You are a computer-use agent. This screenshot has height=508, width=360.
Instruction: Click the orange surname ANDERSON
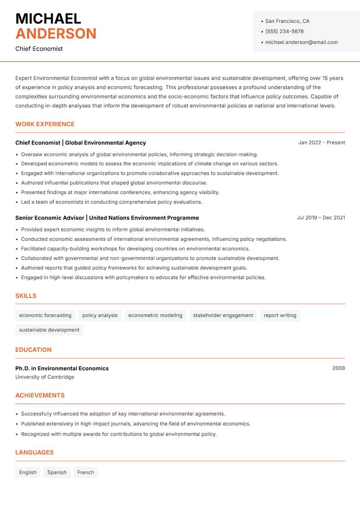(56, 34)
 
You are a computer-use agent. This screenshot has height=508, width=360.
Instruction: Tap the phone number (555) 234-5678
(284, 31)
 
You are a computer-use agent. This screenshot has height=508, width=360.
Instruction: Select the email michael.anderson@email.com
(301, 42)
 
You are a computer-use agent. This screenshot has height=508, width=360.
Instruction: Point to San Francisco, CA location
(287, 21)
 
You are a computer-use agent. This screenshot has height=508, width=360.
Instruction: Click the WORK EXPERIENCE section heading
(45, 124)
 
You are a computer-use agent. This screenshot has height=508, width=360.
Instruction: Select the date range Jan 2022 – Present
(321, 143)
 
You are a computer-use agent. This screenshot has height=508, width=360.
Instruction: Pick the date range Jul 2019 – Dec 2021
(321, 218)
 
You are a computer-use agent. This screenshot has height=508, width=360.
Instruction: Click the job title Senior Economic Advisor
(49, 218)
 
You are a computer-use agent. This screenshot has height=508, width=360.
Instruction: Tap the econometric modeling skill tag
(155, 315)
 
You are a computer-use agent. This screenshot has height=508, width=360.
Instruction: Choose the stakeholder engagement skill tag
(223, 315)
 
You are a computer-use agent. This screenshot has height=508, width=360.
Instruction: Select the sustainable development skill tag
(49, 330)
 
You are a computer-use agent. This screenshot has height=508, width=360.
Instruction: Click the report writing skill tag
(280, 315)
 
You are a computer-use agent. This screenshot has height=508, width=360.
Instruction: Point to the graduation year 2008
(338, 368)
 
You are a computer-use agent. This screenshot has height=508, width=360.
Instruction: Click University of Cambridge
(45, 377)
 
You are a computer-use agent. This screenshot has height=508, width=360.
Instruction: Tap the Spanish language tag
(57, 472)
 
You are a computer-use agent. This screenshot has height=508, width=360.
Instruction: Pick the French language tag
(85, 472)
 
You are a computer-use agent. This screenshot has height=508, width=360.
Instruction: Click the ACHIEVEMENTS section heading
(40, 395)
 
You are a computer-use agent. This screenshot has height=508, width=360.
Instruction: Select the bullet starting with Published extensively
(135, 423)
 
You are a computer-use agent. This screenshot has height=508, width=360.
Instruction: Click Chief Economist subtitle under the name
(39, 49)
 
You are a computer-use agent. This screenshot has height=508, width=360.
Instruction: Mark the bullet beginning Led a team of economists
(112, 202)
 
